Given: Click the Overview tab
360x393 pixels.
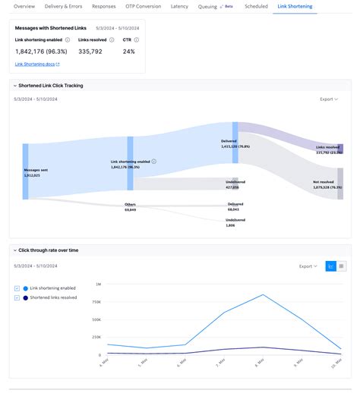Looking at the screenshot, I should (24, 6).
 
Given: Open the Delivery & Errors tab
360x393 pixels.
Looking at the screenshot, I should (65, 6).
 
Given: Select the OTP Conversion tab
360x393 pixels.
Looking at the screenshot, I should (143, 6).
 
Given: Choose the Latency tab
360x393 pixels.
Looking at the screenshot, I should (179, 6).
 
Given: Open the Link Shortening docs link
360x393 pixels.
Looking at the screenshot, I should (36, 64).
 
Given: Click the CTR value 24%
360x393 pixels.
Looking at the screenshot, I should (128, 52).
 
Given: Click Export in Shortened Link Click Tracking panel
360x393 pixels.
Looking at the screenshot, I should (329, 99).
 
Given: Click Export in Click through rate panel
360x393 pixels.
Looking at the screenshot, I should (308, 266).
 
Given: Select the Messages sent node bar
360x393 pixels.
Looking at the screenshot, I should (25, 171).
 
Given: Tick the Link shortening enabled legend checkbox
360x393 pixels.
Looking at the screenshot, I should (17, 288).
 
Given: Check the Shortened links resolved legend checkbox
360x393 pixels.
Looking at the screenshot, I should (17, 297).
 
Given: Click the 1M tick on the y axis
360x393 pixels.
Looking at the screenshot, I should (98, 285).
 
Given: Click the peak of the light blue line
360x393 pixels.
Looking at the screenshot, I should (264, 295).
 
